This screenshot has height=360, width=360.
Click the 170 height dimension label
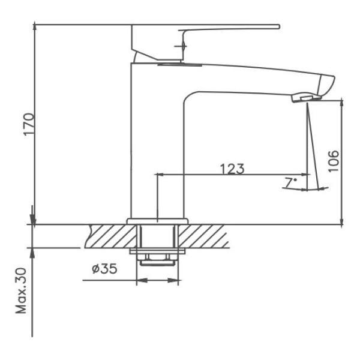[29, 124]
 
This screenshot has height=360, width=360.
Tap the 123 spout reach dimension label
[232, 169]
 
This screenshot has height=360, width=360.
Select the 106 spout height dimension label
[334, 161]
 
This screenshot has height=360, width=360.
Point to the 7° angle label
[291, 183]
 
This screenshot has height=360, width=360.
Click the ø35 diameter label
[104, 268]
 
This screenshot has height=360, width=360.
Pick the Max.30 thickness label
[21, 291]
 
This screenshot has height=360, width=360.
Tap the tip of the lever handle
[279, 26]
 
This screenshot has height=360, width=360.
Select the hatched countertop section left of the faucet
[110, 236]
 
